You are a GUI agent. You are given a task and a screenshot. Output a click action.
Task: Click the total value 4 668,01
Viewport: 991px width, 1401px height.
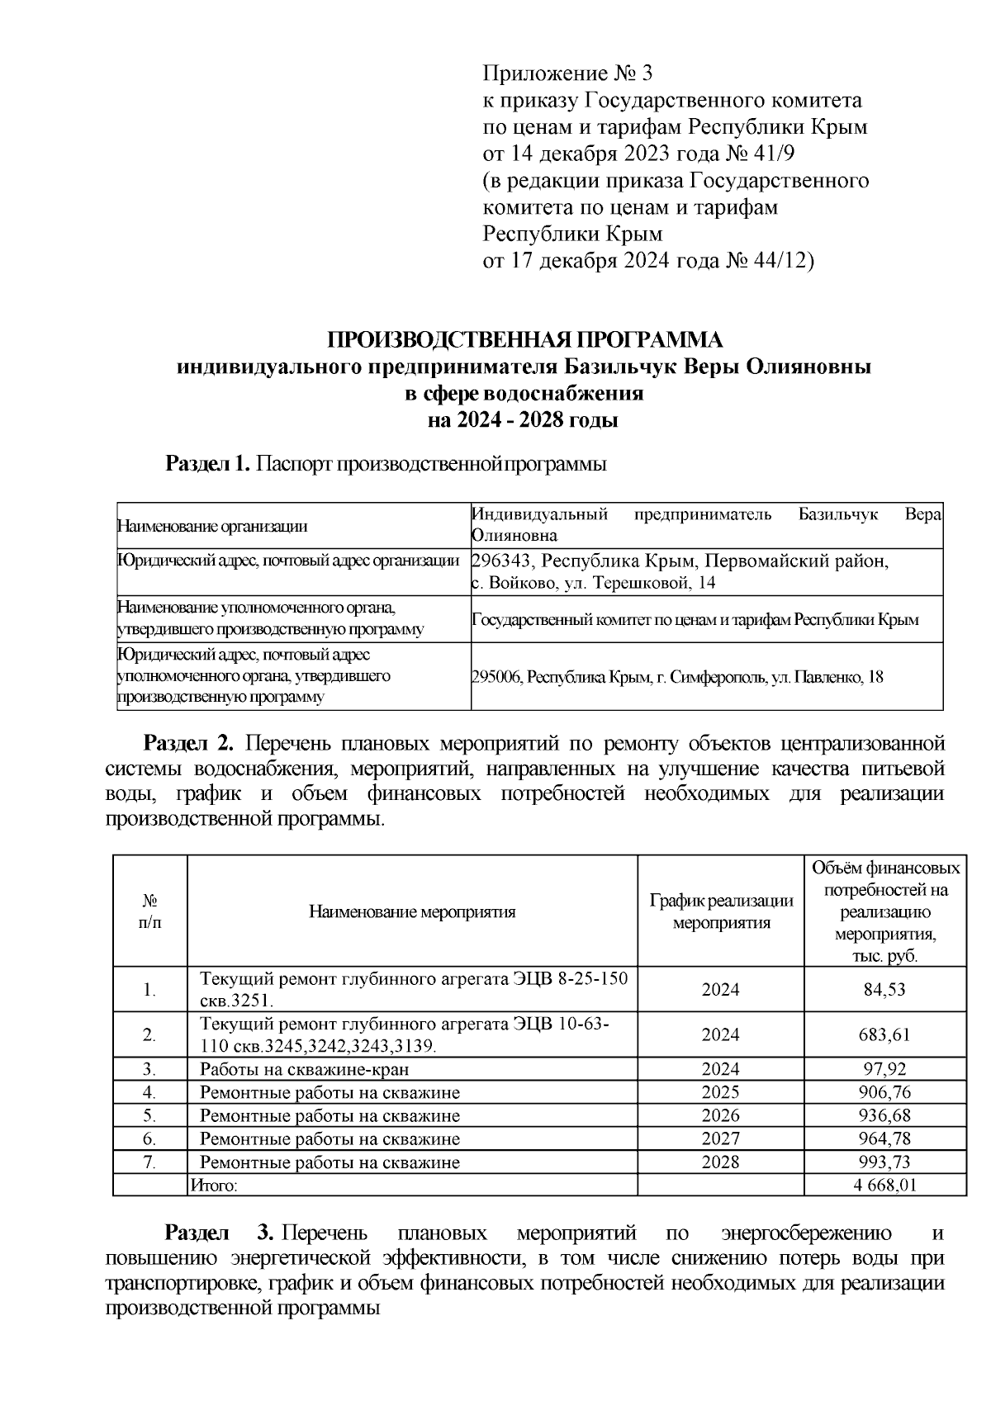884,1186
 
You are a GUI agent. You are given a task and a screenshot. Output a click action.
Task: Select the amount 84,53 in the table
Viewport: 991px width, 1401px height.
884,989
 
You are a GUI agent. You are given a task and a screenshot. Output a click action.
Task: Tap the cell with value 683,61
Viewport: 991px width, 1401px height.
884,1034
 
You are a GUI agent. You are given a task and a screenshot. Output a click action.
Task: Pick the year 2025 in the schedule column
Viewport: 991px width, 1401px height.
720,1092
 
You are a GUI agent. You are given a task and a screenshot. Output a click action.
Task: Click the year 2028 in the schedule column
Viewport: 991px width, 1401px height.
720,1162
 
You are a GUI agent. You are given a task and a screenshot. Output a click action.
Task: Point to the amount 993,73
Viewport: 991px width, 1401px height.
884,1162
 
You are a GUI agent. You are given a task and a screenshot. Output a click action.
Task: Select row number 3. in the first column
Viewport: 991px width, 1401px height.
149,1069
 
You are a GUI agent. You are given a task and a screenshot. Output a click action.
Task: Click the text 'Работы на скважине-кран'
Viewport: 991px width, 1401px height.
305,1069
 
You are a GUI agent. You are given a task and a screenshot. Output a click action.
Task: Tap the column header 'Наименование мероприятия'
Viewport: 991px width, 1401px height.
412,911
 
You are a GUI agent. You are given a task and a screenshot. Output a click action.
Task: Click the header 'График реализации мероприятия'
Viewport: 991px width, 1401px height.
721,911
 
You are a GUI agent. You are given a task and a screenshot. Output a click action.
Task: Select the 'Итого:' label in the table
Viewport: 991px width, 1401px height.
214,1186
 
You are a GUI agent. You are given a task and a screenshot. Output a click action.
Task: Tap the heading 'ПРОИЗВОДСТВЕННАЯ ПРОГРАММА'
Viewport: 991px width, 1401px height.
524,339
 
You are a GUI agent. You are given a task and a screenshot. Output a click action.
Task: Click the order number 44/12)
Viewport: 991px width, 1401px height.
784,261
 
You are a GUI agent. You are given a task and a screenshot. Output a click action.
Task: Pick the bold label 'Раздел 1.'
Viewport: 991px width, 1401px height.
208,463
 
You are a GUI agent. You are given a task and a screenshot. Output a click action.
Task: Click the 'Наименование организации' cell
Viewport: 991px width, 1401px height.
212,526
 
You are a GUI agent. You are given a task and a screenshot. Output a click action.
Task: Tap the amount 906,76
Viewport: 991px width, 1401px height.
884,1092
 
